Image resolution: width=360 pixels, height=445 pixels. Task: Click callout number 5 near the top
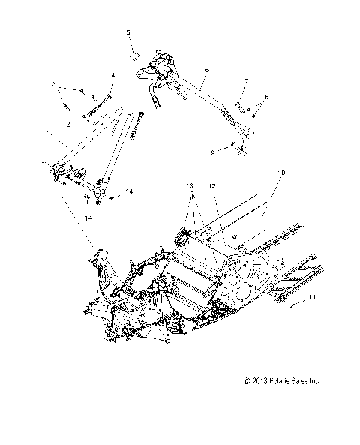128,32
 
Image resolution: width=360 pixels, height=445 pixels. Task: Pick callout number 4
112,76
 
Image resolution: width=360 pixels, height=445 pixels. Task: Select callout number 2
69,122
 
